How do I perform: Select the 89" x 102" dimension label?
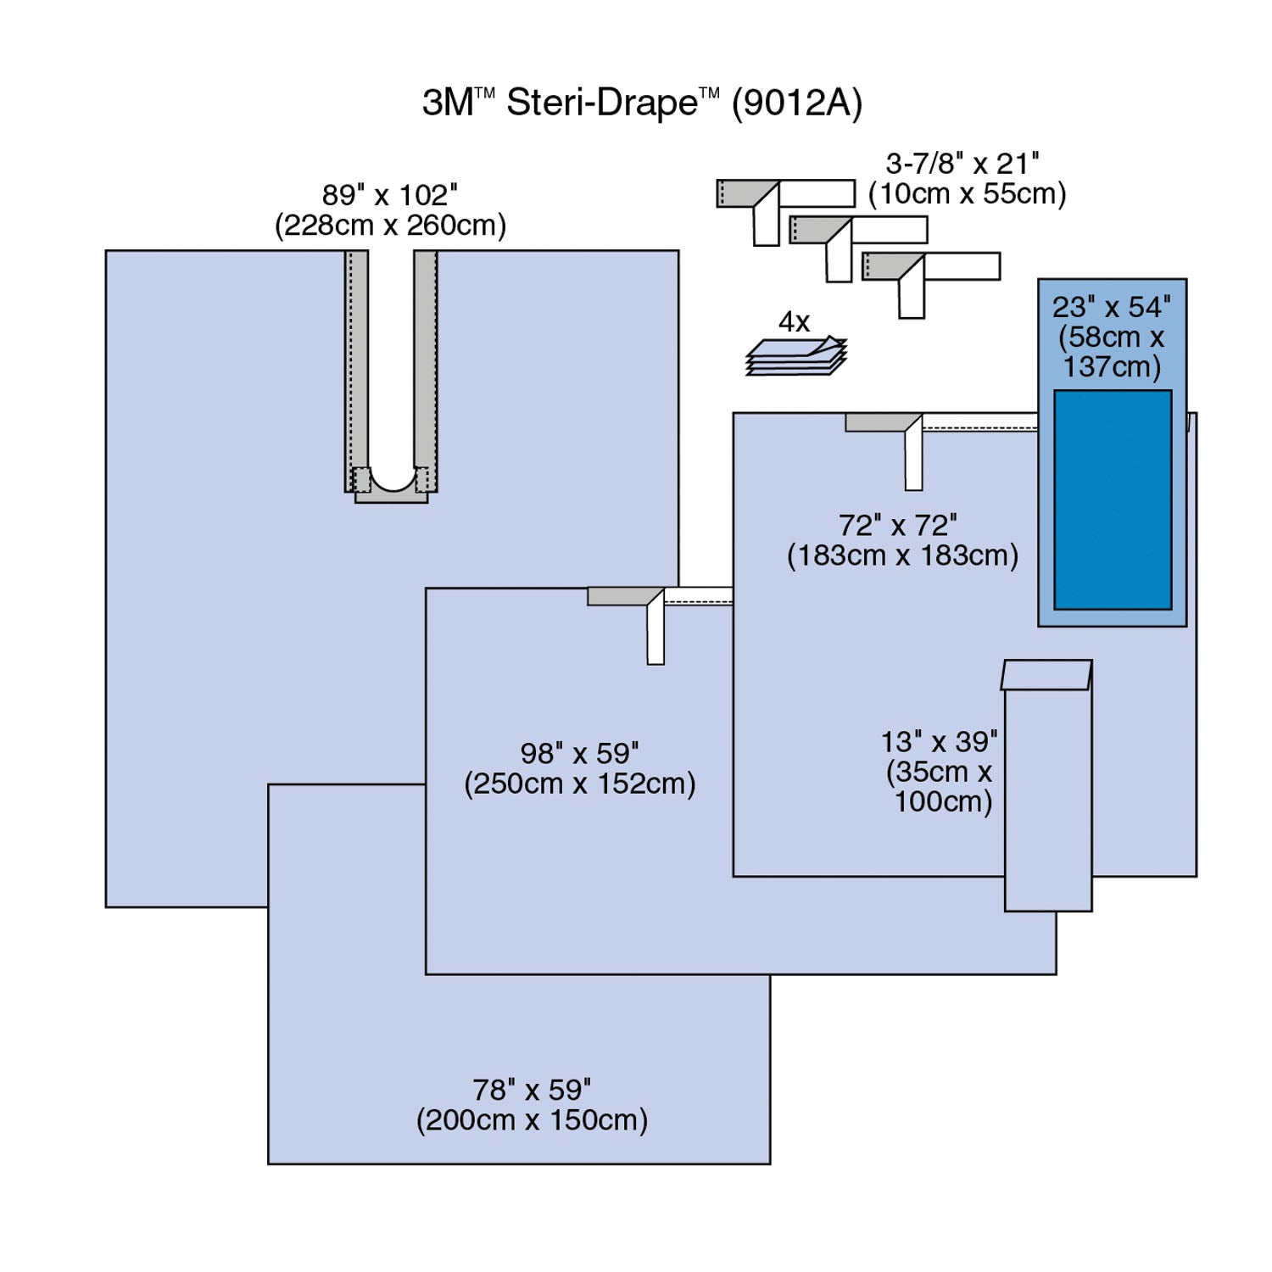(389, 195)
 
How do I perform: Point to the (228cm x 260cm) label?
(390, 226)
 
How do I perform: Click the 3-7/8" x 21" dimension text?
(962, 163)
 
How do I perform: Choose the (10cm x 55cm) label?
(967, 193)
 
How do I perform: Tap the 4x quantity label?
(794, 322)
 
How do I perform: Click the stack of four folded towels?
(796, 356)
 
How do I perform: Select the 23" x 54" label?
(1112, 307)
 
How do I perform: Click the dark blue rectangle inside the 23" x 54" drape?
(1113, 500)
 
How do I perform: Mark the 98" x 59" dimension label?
(579, 753)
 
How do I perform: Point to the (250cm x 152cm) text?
(580, 784)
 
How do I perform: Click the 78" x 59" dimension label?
(532, 1090)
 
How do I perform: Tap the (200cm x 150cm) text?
(532, 1120)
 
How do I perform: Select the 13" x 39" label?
(939, 742)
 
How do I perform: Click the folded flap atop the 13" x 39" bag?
(1046, 675)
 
